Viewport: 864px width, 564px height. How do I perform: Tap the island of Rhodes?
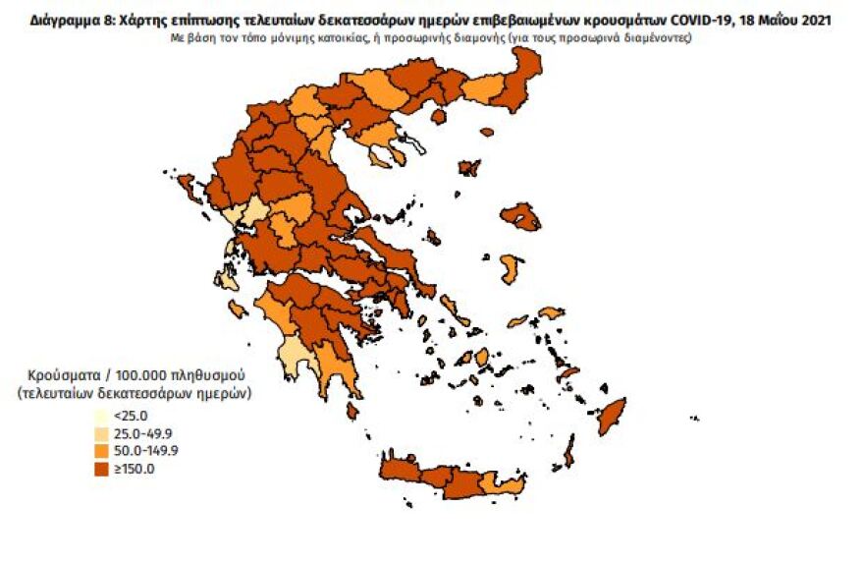click(612, 416)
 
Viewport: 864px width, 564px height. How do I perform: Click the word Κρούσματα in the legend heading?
click(69, 376)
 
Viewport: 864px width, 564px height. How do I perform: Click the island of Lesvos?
click(520, 216)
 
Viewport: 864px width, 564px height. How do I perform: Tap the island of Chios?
click(511, 268)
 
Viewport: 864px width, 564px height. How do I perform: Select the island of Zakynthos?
click(237, 310)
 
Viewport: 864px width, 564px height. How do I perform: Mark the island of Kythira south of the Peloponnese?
click(351, 411)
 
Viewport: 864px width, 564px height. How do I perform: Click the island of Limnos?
click(470, 168)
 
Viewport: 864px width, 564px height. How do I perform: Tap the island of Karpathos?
click(568, 451)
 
